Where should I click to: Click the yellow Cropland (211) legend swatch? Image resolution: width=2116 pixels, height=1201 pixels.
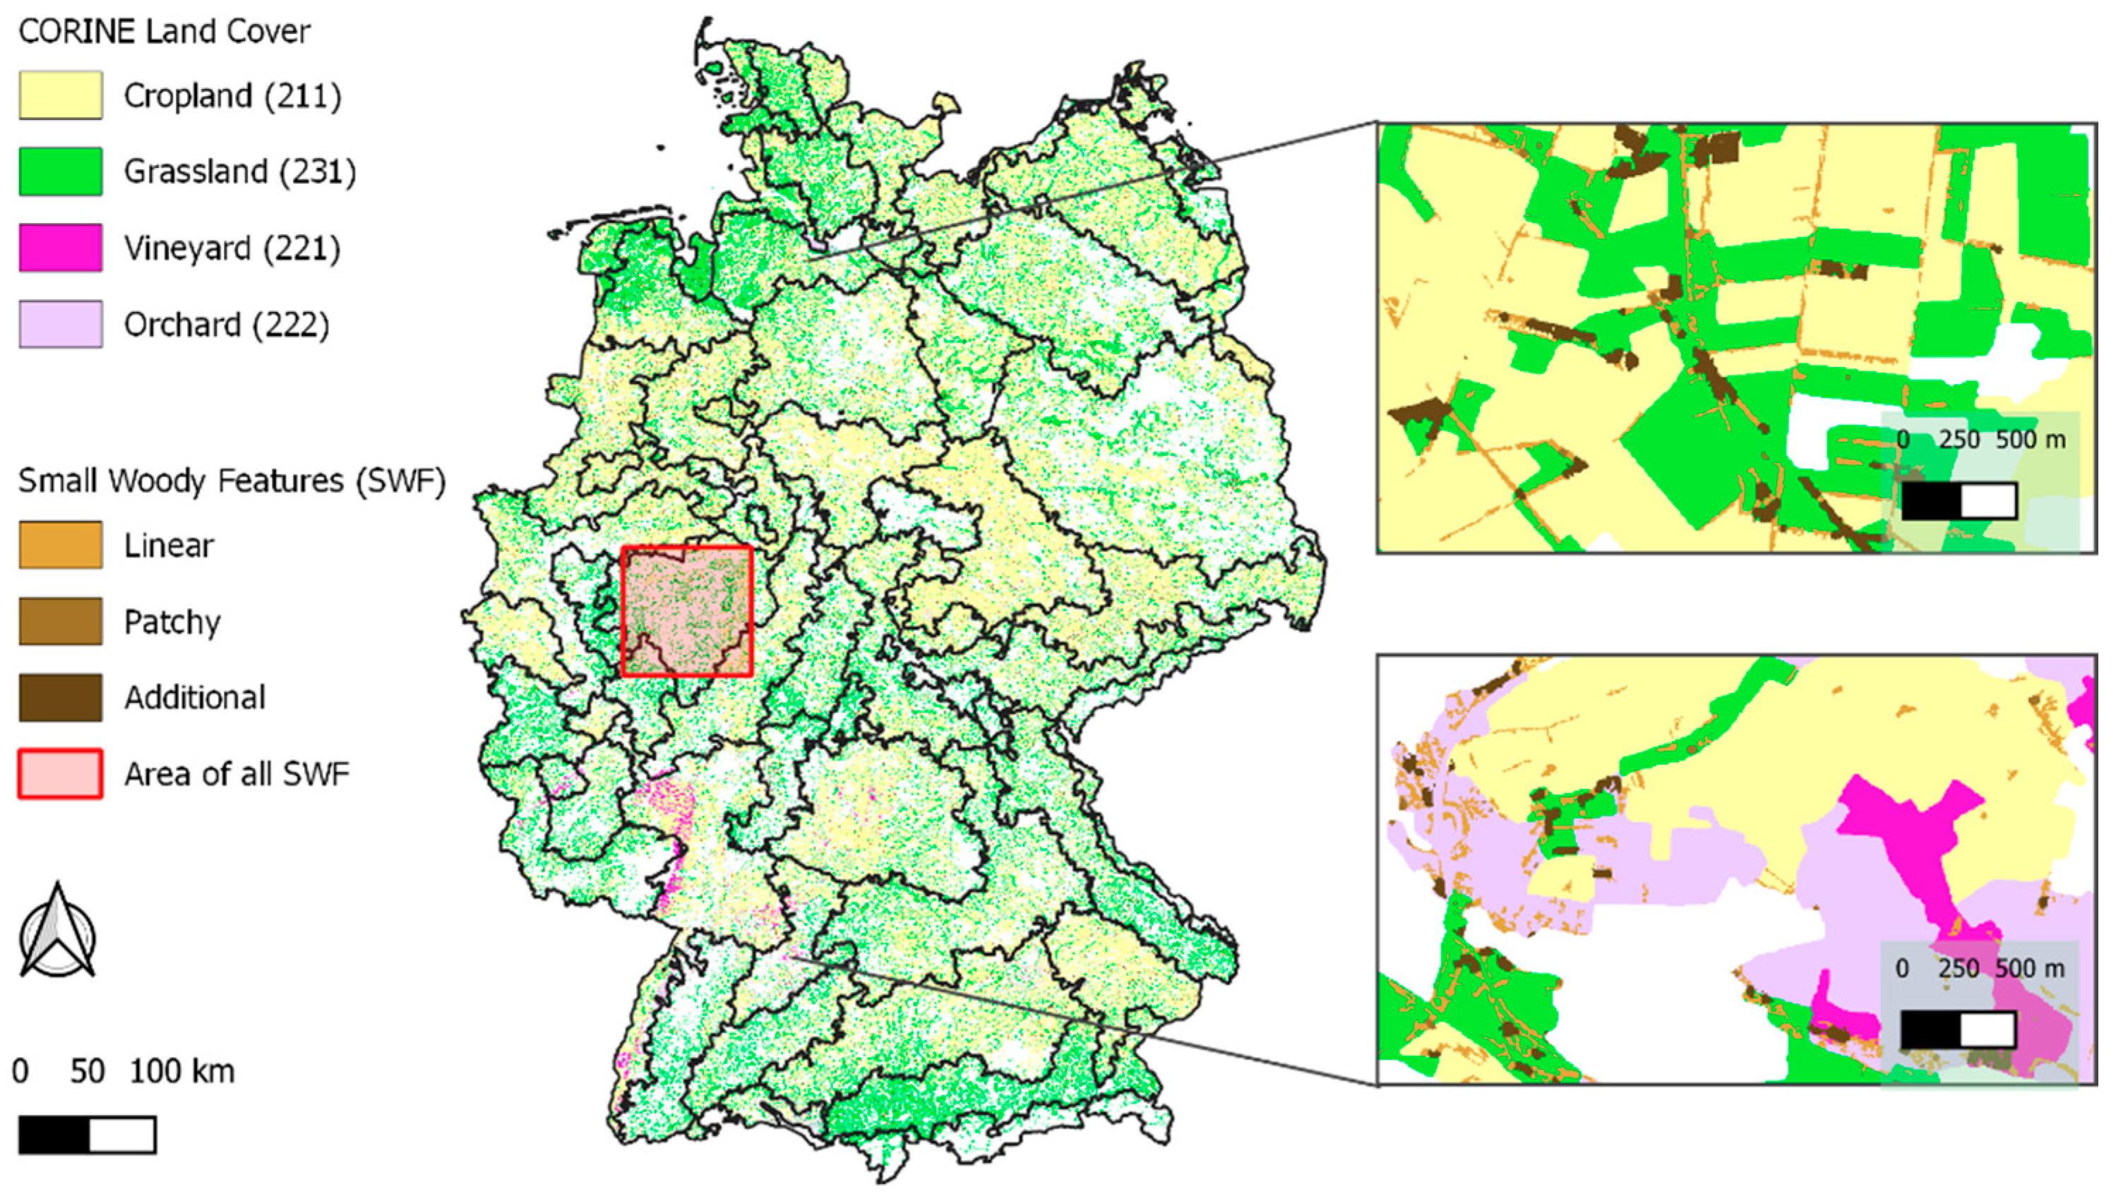pyautogui.click(x=60, y=95)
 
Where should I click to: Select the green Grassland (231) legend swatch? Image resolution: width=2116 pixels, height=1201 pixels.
pyautogui.click(x=60, y=171)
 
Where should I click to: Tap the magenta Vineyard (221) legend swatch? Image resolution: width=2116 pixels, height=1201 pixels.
pyautogui.click(x=60, y=248)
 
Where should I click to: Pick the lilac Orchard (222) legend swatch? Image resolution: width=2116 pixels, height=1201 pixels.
pyautogui.click(x=60, y=324)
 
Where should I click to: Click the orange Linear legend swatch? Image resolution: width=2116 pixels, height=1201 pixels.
pyautogui.click(x=60, y=545)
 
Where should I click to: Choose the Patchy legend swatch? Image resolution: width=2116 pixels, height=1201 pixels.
pyautogui.click(x=60, y=621)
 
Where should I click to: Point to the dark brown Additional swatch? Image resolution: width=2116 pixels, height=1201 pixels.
pyautogui.click(x=60, y=698)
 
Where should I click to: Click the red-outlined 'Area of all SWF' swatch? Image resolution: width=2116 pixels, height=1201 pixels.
pyautogui.click(x=60, y=773)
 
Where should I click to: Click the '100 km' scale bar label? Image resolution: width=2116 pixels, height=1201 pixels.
pyautogui.click(x=181, y=1071)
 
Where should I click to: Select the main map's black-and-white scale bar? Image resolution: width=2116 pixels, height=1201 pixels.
pyautogui.click(x=87, y=1135)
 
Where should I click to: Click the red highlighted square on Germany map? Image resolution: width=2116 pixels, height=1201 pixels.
pyautogui.click(x=687, y=611)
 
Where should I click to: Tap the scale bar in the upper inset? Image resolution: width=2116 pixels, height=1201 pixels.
pyautogui.click(x=1959, y=501)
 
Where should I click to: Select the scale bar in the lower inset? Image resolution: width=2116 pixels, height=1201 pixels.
pyautogui.click(x=1958, y=1030)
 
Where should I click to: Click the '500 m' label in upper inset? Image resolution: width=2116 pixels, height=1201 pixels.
pyautogui.click(x=2030, y=440)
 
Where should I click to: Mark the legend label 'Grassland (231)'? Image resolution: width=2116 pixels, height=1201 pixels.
pyautogui.click(x=239, y=171)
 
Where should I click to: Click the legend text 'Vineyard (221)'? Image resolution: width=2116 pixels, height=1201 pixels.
pyautogui.click(x=232, y=248)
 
